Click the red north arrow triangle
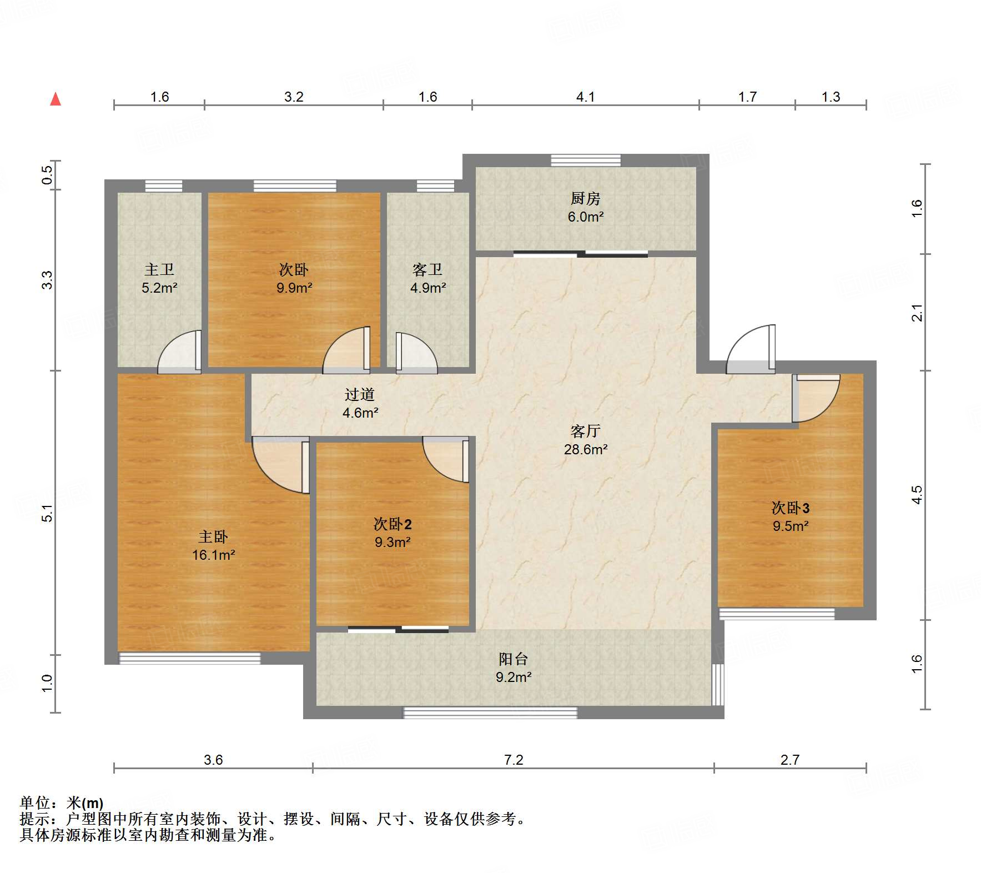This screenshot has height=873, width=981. click(x=56, y=99)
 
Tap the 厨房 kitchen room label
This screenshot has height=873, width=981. click(x=585, y=198)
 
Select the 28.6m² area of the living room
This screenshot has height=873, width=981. click(x=586, y=449)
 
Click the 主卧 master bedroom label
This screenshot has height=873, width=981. click(x=213, y=536)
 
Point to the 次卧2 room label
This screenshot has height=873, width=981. click(x=393, y=524)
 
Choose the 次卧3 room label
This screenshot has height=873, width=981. click(x=791, y=508)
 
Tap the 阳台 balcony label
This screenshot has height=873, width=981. click(x=513, y=659)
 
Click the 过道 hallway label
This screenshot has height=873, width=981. click(x=360, y=394)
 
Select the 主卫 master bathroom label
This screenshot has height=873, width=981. click(x=159, y=269)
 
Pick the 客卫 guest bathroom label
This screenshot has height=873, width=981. click(x=427, y=269)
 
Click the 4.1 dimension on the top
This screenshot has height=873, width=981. click(x=585, y=97)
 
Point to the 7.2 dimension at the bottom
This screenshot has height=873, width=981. click(x=514, y=760)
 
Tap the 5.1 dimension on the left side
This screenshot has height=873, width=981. click(x=48, y=513)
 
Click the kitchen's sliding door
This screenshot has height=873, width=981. click(x=581, y=254)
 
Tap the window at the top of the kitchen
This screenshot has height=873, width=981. click(x=586, y=160)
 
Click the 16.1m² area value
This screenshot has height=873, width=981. click(x=214, y=555)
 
